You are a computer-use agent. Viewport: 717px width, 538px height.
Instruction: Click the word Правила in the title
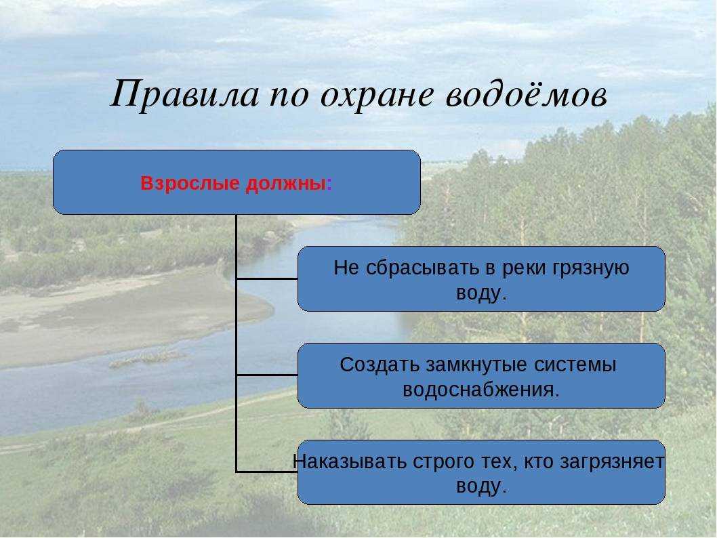184,94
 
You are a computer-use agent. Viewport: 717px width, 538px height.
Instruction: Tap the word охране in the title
376,96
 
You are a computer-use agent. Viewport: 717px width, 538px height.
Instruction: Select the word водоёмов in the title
527,94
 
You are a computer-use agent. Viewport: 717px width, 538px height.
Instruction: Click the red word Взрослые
190,184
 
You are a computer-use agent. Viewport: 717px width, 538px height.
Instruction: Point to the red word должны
285,184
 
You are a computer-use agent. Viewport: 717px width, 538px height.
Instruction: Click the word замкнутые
476,365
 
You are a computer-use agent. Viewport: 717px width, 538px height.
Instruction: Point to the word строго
442,463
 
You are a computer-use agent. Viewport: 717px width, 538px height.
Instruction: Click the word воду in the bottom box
478,486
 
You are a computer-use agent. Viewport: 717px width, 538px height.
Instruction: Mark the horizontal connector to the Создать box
267,375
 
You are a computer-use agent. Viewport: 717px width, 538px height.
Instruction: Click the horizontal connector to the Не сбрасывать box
267,278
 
